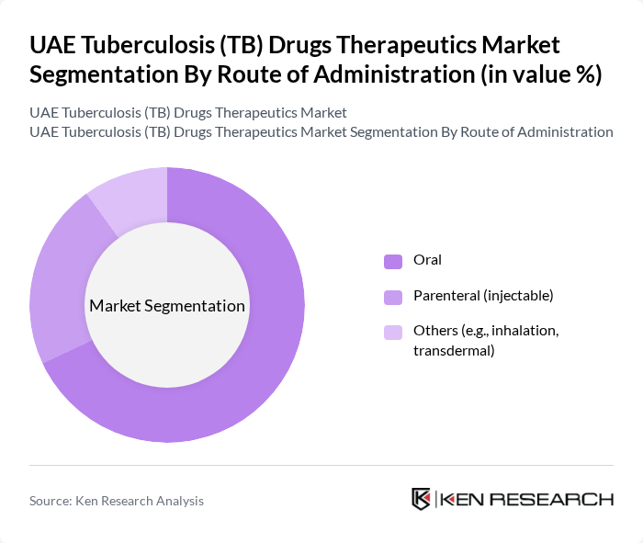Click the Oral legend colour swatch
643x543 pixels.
tap(393, 261)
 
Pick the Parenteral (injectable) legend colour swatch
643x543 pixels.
tap(393, 296)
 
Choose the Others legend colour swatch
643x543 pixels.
tap(393, 332)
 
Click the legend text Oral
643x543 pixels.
tap(427, 260)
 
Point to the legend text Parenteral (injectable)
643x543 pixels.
tap(483, 295)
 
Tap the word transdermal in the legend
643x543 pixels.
tap(454, 350)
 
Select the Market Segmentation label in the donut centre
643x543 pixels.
tap(167, 306)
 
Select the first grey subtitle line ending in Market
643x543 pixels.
tap(188, 112)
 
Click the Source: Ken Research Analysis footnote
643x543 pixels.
tap(117, 501)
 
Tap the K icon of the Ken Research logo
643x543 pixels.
tap(422, 499)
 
